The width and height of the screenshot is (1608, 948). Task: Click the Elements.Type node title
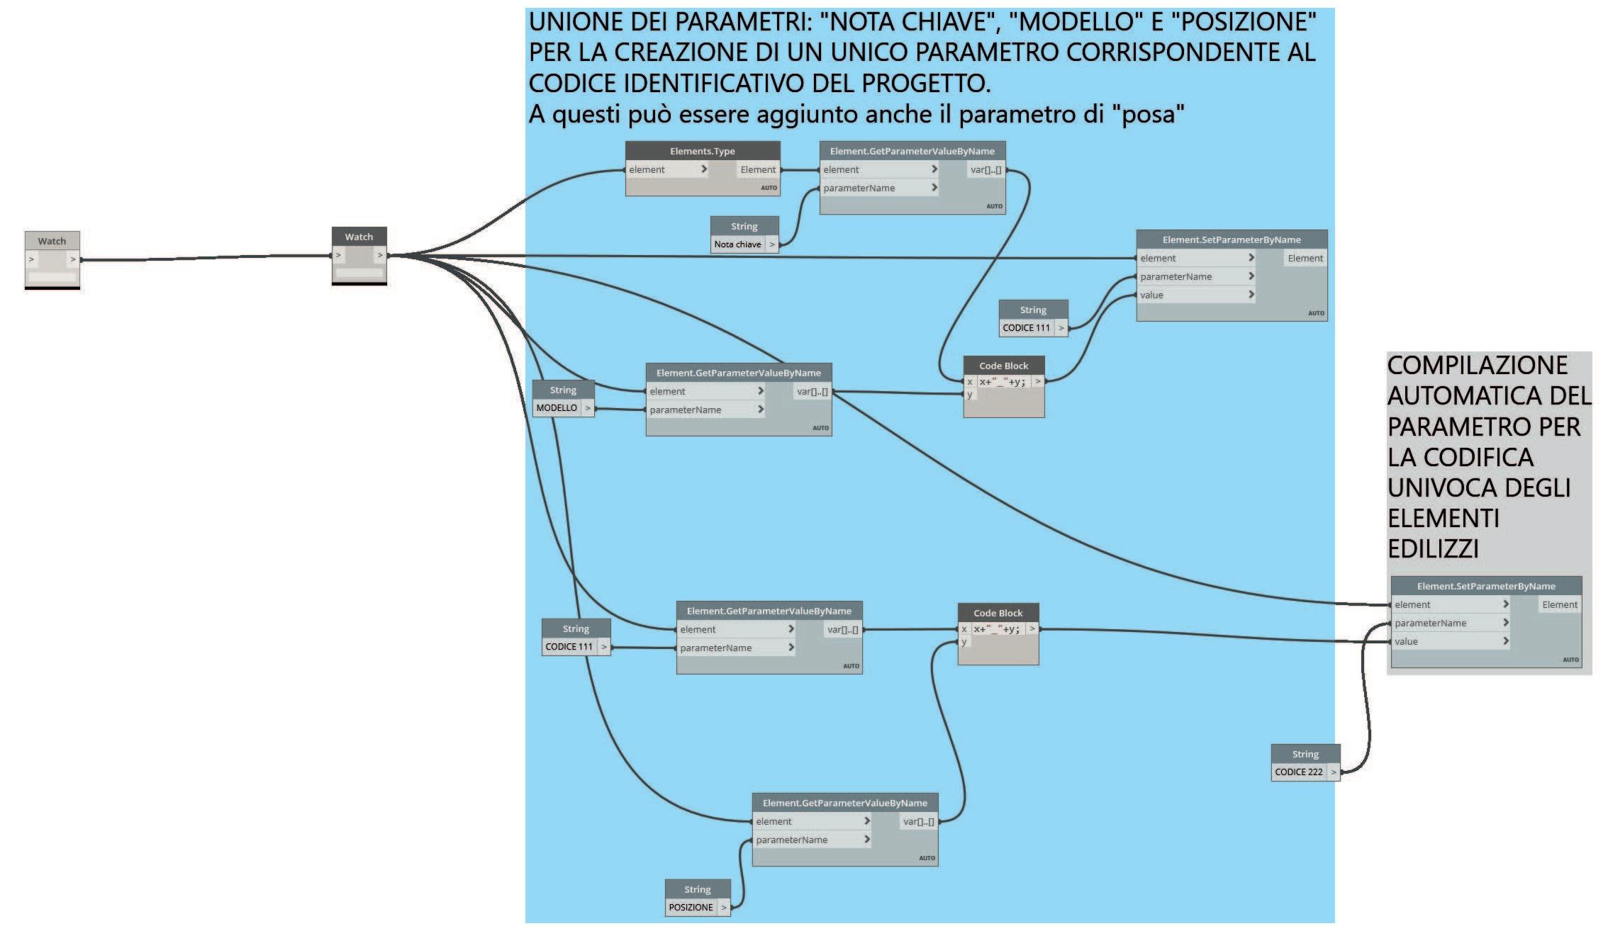(702, 151)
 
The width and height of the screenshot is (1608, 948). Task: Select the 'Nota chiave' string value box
(737, 244)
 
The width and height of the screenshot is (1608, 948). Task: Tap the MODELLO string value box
(557, 408)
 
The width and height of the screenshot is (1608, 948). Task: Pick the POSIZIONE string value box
(691, 908)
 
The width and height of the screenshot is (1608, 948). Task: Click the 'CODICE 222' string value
(1298, 772)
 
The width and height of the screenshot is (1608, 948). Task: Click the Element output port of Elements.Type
(758, 170)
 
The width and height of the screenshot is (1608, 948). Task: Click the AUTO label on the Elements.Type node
(769, 188)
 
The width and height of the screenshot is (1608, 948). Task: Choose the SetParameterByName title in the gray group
(1485, 586)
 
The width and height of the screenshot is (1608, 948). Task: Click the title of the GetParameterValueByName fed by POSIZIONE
(844, 803)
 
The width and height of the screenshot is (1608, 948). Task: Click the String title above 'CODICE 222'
(1305, 754)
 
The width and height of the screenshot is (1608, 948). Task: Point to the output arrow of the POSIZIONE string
(723, 908)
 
